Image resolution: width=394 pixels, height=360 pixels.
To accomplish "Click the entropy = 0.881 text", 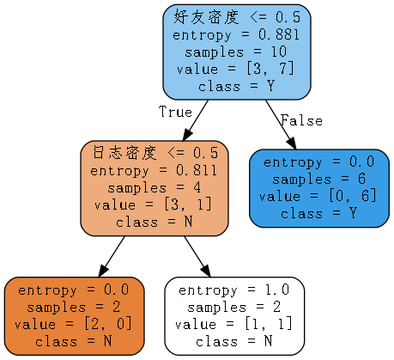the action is coord(236,35).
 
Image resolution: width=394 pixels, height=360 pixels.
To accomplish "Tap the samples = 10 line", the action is coord(236,52).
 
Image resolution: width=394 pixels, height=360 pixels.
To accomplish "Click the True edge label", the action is coord(175,112).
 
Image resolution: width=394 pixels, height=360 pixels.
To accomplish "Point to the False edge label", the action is coord(301,120).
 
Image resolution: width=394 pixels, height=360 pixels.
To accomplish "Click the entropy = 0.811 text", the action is coord(154,171).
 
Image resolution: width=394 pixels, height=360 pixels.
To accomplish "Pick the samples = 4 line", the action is coord(154,188).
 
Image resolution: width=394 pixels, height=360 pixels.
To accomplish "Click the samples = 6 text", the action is coord(318,180).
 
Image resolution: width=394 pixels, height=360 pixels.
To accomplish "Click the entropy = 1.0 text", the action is coord(234,290).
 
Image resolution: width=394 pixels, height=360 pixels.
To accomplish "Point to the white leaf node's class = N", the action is coord(234,341).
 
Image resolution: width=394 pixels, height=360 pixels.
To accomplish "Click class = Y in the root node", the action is coord(236,86).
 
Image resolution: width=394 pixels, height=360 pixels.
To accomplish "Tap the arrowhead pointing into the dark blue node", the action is coord(292,144).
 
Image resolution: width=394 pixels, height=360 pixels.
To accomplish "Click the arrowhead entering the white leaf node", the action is coord(206,272).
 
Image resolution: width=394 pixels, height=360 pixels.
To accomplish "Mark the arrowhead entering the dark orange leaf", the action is coord(103,272).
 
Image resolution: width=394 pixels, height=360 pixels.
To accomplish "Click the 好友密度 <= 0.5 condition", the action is coord(237,17).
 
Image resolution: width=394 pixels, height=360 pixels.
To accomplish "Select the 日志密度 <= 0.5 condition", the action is coord(155,153).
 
